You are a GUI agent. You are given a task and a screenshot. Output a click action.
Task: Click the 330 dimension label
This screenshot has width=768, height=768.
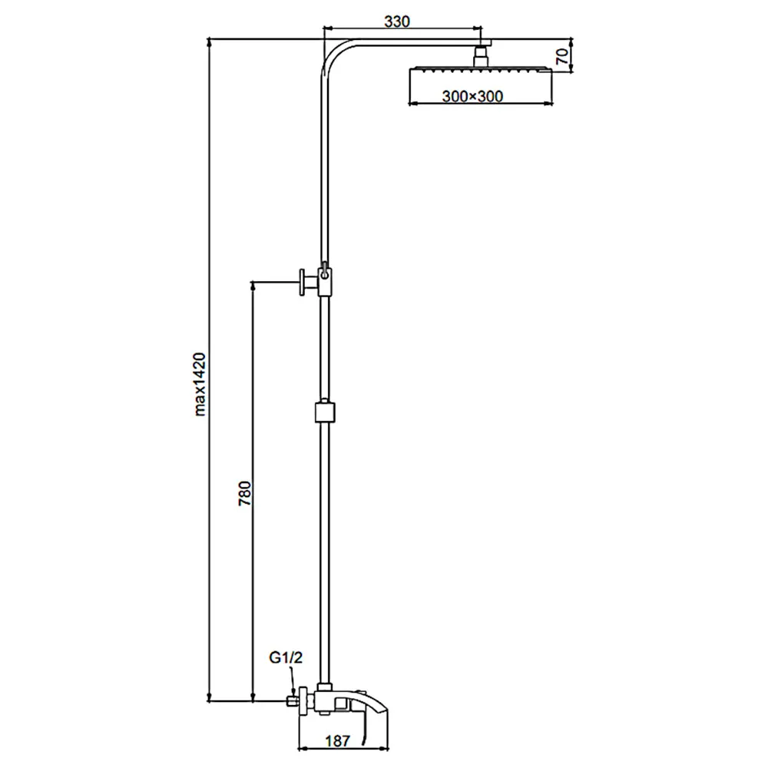(397, 22)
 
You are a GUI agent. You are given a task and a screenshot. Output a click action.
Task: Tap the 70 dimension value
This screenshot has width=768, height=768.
(563, 56)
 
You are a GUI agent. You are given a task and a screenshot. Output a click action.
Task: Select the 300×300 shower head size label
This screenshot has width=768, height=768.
(472, 96)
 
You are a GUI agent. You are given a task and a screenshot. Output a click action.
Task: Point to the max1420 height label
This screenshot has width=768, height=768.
(200, 384)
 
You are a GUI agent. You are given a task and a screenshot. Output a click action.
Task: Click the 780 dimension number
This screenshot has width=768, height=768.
(244, 493)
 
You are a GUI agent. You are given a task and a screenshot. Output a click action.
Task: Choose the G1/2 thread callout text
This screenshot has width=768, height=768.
(286, 657)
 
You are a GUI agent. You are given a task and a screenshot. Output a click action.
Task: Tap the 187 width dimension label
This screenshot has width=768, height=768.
(338, 740)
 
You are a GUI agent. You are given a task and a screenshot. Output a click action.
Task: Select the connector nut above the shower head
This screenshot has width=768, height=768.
(482, 55)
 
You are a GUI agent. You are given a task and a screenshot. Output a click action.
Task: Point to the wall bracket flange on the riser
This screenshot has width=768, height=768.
(303, 282)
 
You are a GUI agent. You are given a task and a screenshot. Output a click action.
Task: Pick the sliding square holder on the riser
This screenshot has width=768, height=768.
(325, 412)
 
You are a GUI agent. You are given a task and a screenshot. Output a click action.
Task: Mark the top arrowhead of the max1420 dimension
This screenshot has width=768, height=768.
(209, 42)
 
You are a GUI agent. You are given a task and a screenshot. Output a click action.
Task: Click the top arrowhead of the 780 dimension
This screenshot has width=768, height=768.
(253, 286)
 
